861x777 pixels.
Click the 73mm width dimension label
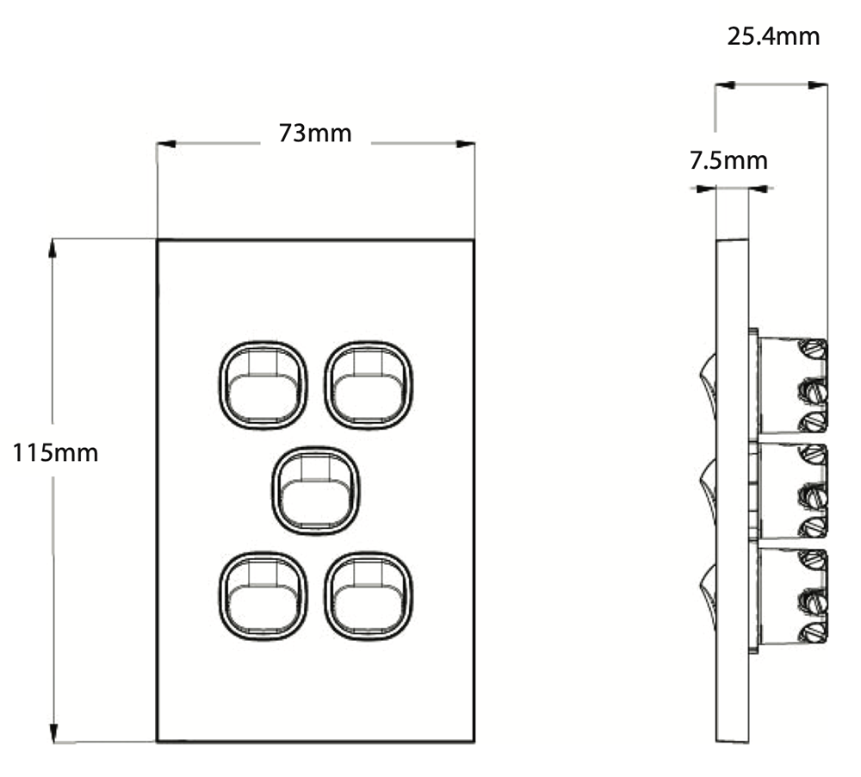[315, 134]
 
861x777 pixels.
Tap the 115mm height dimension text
[56, 452]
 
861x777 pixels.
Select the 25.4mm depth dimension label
[773, 37]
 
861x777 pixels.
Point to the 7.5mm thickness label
[728, 160]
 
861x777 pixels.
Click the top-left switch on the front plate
[262, 385]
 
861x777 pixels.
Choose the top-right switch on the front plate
[369, 385]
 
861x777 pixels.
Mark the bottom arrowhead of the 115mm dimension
[53, 733]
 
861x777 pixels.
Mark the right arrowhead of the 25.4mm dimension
[819, 84]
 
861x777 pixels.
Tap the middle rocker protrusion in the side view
[707, 477]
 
